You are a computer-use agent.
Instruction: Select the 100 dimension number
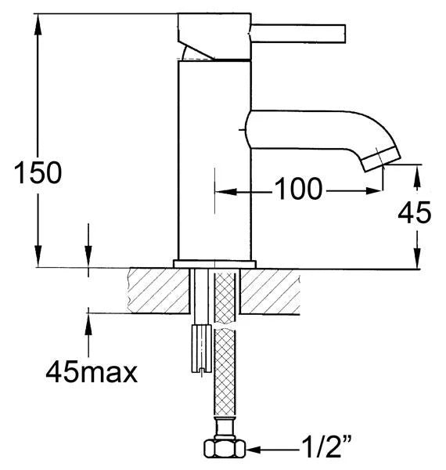[297, 190]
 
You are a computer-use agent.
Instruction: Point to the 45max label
[91, 371]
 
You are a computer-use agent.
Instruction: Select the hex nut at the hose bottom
[225, 450]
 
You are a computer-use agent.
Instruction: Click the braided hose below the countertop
[225, 368]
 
